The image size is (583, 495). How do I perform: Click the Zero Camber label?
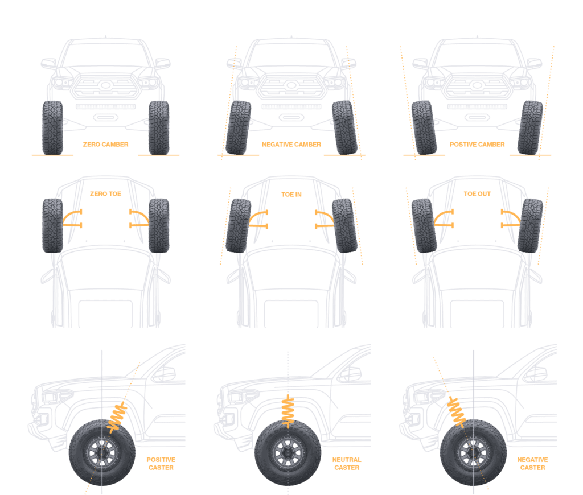pos(105,145)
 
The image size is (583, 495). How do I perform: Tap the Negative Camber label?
pos(291,145)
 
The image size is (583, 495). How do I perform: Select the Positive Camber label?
pos(477,145)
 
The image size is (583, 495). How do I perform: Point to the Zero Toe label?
pos(106,194)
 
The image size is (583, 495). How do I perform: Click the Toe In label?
pos(291,195)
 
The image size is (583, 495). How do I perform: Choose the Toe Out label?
pos(477,194)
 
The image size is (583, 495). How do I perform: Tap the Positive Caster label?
pos(161,463)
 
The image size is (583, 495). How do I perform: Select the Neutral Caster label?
pos(347,463)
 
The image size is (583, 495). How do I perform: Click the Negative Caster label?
pos(532,463)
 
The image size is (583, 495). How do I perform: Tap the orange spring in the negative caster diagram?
pos(457,411)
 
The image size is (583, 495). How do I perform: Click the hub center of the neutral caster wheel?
pos(288,453)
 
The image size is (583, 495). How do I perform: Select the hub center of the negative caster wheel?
pos(474,453)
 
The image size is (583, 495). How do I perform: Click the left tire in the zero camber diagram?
pos(52,128)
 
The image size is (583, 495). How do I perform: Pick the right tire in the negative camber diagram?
pos(344,128)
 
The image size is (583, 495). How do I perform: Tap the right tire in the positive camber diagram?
pos(531,128)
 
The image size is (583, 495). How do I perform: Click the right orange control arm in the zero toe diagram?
pos(139,218)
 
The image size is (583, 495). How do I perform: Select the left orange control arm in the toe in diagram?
pos(258,218)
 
